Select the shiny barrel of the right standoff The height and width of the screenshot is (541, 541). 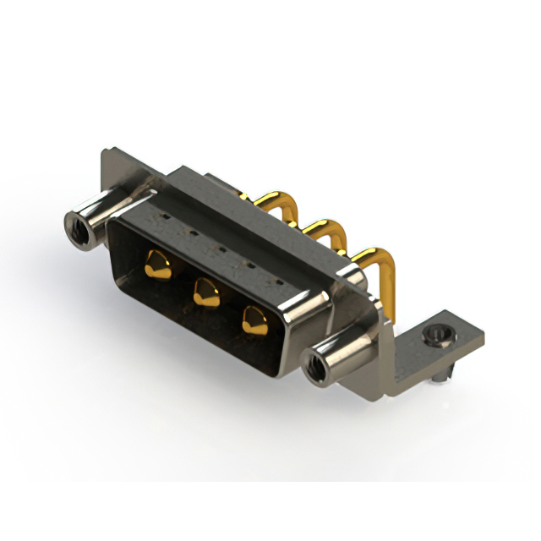click(x=338, y=355)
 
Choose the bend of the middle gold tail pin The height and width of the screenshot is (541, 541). click(x=325, y=227)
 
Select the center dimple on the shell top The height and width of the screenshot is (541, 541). click(x=219, y=248)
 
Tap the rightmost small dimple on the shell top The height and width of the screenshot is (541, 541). click(x=276, y=278)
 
